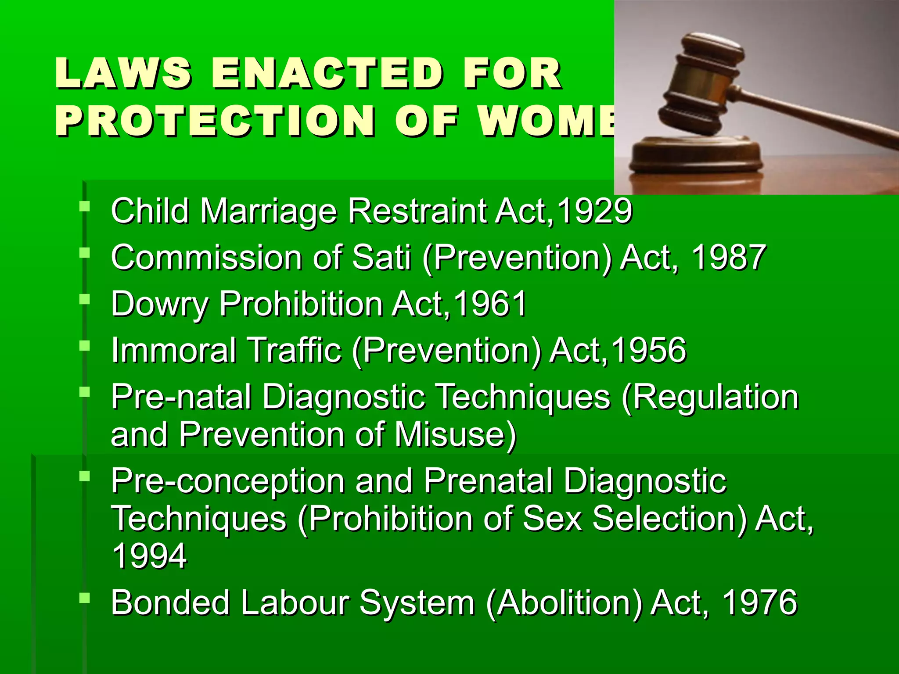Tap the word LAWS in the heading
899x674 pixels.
[x=123, y=73]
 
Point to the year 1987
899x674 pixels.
[x=728, y=258]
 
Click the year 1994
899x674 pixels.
[x=149, y=556]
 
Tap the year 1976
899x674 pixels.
[x=759, y=602]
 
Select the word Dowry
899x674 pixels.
[x=160, y=304]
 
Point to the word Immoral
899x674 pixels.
[x=173, y=350]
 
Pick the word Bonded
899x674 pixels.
[x=170, y=602]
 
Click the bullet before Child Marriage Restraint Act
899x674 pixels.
[x=84, y=206]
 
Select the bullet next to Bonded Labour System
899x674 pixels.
[x=84, y=597]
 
